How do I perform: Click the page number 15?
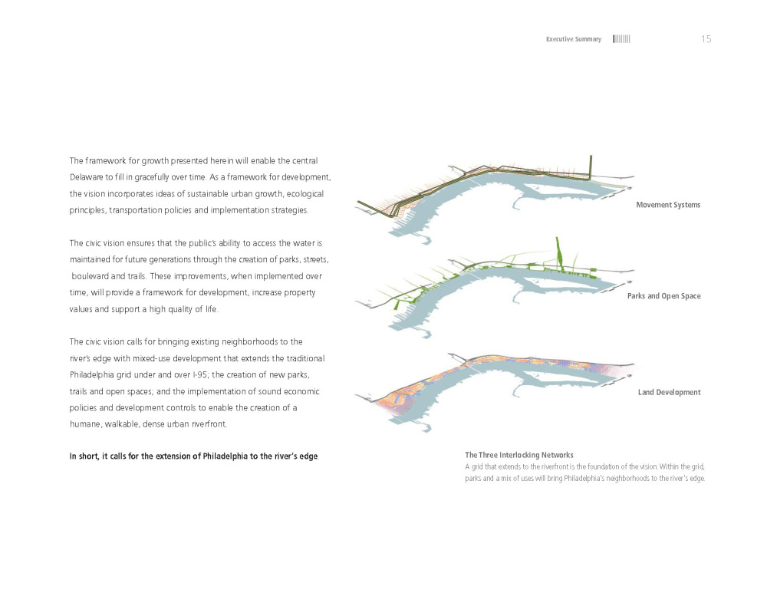tap(706, 39)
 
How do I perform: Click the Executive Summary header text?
tap(573, 39)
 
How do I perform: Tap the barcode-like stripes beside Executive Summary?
tap(621, 39)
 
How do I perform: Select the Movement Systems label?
tap(668, 205)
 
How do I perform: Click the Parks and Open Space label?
tap(663, 296)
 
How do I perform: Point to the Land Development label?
tap(669, 392)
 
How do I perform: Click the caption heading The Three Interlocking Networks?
tap(519, 455)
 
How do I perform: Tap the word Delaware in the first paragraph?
tap(88, 176)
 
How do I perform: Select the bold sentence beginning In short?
tap(193, 457)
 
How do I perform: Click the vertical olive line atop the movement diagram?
tap(591, 166)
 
